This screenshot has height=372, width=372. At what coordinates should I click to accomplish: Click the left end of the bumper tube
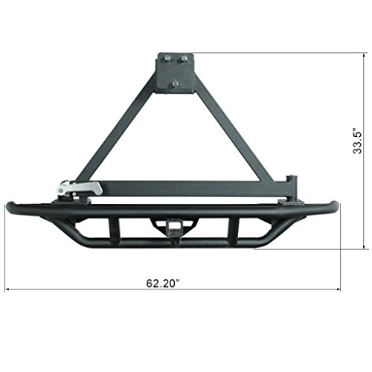coord(10,208)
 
